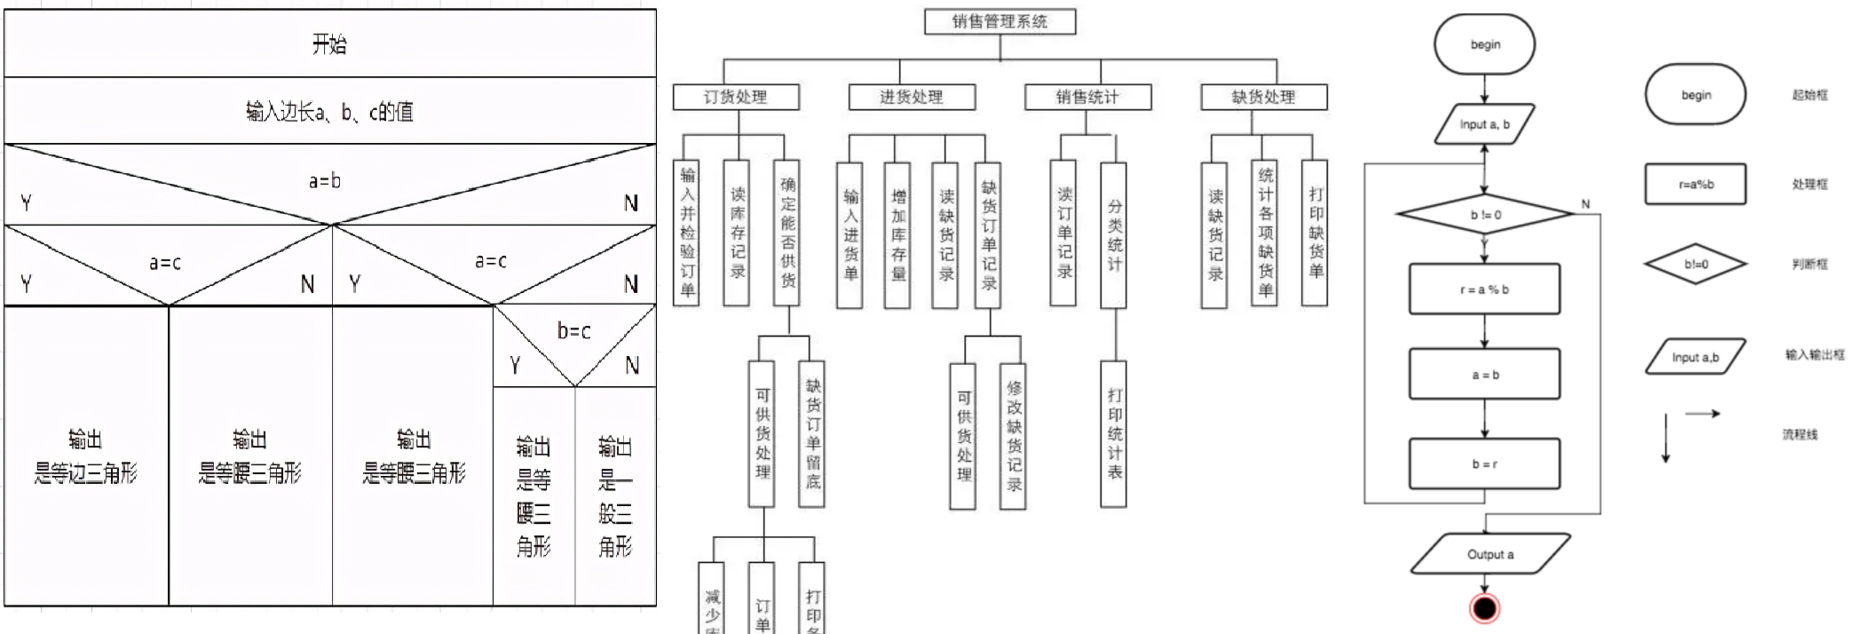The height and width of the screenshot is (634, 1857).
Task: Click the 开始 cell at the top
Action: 329,44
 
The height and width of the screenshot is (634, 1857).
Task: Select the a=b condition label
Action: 325,181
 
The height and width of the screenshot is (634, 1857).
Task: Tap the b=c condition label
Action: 573,331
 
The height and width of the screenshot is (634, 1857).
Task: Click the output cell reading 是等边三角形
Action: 86,456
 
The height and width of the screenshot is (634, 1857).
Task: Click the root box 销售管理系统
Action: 1000,21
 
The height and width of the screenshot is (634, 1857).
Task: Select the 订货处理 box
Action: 735,97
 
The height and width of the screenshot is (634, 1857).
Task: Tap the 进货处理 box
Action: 912,97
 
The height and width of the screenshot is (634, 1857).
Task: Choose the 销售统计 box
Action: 1087,97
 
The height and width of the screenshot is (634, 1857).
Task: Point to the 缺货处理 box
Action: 1263,97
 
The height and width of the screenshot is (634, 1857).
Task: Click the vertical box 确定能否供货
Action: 787,233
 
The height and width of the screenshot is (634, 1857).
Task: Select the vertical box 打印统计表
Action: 1114,433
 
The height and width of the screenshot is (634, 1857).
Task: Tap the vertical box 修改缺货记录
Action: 1014,436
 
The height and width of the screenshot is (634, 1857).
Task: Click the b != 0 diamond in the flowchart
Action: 1485,215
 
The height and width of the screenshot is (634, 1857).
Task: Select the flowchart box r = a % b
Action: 1484,289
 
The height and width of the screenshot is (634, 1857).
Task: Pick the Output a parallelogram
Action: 1490,554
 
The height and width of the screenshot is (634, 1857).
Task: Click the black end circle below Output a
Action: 1484,608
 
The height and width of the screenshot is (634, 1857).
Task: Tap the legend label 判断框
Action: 1809,264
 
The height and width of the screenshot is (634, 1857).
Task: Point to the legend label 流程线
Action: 1799,434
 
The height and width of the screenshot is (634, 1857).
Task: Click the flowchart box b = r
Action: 1484,464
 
